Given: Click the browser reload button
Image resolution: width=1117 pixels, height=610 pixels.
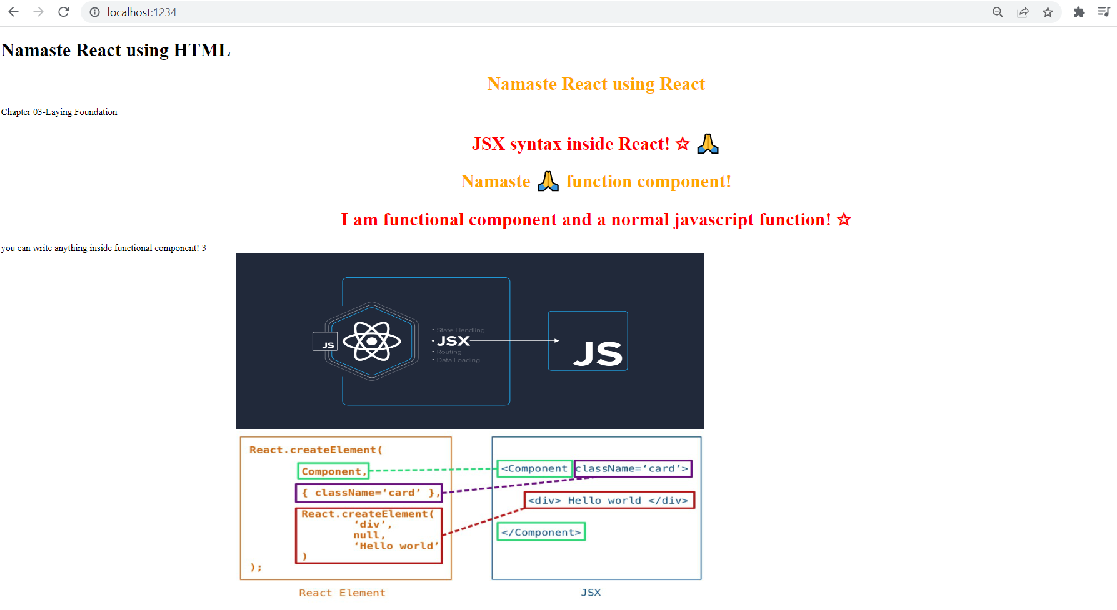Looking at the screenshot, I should (63, 12).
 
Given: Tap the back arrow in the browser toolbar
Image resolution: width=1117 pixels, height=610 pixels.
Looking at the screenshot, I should (13, 12).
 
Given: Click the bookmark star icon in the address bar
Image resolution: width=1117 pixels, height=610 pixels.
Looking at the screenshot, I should (1048, 12).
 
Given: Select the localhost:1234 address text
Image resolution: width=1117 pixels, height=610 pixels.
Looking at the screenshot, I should (141, 12).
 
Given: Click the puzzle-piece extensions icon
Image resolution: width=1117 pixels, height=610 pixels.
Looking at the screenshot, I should (1079, 12).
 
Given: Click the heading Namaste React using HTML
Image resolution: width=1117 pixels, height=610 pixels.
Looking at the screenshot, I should (116, 51).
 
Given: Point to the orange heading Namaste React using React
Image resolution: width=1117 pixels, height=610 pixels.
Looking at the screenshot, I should (596, 84).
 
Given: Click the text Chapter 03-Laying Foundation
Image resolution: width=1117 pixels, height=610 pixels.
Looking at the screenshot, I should (59, 112).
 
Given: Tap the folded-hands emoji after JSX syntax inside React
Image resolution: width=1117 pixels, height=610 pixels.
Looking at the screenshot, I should (708, 144).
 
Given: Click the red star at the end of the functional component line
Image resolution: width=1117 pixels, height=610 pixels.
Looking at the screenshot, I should (844, 220).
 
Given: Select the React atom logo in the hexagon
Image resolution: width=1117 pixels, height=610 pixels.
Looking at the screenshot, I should (372, 341).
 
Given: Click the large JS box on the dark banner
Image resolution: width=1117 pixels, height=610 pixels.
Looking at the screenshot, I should (588, 341).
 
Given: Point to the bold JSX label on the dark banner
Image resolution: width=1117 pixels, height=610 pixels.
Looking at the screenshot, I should (453, 341).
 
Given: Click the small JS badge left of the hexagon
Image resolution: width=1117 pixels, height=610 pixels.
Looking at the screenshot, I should (324, 342).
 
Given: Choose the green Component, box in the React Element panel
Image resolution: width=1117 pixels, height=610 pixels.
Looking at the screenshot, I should (333, 471).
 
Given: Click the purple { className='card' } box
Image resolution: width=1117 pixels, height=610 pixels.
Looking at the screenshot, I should (369, 493).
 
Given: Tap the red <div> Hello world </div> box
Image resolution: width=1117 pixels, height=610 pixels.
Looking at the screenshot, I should (609, 501).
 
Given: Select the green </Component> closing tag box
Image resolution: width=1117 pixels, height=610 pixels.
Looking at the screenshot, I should (541, 533).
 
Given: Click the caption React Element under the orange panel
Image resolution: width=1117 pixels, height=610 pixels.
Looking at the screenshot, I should (342, 593).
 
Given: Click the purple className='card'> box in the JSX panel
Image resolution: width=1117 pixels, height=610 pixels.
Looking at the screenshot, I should (633, 469).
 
